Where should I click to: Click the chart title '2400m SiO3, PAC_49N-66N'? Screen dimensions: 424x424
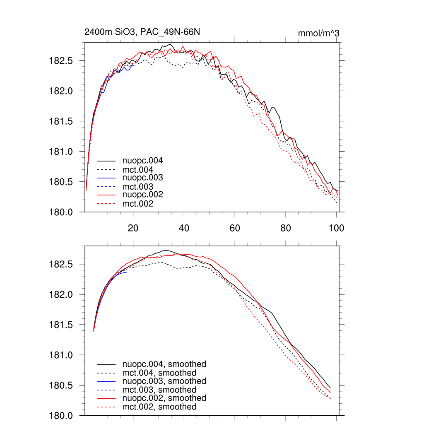tap(142, 32)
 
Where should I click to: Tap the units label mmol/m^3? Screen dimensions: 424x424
tap(318, 33)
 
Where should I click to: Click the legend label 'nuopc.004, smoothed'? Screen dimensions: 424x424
tap(164, 364)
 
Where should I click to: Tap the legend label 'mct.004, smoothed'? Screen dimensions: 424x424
tap(159, 373)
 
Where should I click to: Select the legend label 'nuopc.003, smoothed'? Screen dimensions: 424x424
tap(164, 381)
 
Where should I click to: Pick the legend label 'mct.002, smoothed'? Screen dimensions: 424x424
tap(159, 407)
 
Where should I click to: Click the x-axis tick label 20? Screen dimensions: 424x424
tap(133, 228)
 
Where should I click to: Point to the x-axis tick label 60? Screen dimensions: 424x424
tap(235, 228)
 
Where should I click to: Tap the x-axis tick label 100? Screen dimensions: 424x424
tap(336, 228)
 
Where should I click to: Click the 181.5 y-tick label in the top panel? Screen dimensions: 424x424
tap(61, 121)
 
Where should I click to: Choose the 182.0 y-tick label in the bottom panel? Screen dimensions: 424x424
tap(61, 295)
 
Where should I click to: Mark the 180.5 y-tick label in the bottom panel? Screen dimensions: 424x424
tap(61, 385)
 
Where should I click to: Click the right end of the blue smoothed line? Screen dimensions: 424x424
tap(127, 272)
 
